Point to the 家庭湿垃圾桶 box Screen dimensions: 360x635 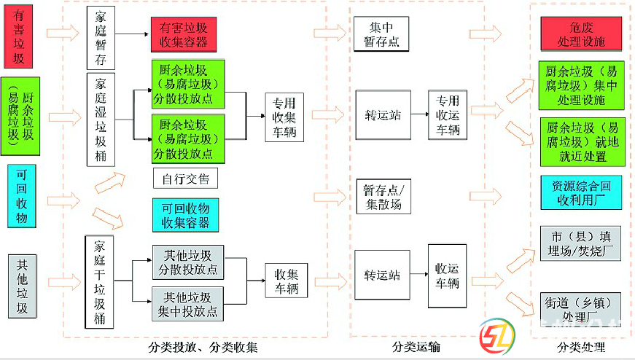[x=101, y=120]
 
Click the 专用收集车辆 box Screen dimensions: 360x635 [x=284, y=117]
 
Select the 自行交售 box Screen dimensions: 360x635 [x=185, y=179]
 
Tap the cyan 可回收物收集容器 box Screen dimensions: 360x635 [x=185, y=215]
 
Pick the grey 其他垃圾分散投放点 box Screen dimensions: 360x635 [x=186, y=262]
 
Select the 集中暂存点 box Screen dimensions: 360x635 [x=381, y=35]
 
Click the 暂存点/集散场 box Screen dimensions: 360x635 [x=382, y=197]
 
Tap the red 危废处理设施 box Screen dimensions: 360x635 [x=581, y=35]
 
